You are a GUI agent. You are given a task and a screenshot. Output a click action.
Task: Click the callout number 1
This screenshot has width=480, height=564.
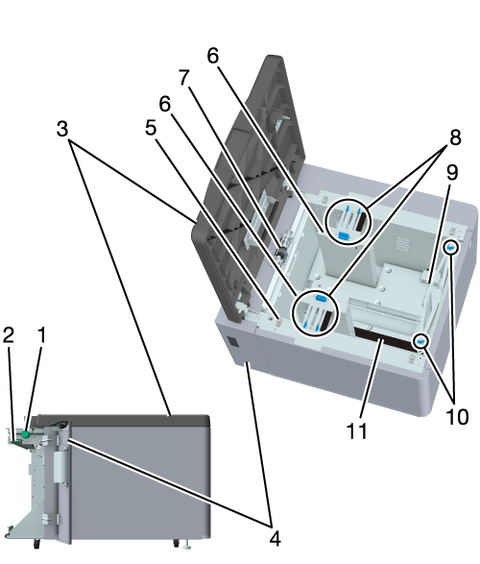pyautogui.click(x=42, y=335)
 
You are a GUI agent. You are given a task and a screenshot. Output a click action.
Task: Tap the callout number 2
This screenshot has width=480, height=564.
pyautogui.click(x=9, y=335)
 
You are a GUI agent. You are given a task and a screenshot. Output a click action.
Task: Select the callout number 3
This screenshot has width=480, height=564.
pyautogui.click(x=62, y=129)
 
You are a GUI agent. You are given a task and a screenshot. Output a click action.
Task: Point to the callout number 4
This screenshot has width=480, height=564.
pyautogui.click(x=275, y=538)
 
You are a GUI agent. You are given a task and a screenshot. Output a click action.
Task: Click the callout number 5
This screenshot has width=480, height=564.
pyautogui.click(x=151, y=128)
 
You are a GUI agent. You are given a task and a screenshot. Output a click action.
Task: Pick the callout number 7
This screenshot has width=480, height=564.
pyautogui.click(x=184, y=77)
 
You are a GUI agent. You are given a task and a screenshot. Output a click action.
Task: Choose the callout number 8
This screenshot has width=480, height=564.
pyautogui.click(x=455, y=137)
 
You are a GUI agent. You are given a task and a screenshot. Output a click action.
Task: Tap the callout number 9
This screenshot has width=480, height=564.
pyautogui.click(x=452, y=172)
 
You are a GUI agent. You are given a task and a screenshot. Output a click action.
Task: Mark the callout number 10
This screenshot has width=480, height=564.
pyautogui.click(x=457, y=417)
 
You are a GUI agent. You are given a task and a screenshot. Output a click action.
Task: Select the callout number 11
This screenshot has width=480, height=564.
pyautogui.click(x=357, y=430)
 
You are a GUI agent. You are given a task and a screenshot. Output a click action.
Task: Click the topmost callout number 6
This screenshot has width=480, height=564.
pyautogui.click(x=213, y=56)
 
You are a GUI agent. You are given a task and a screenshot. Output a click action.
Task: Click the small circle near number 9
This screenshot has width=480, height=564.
pyautogui.click(x=451, y=248)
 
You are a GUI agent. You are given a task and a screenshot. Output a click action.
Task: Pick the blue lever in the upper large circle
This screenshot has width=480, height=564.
pyautogui.click(x=344, y=236)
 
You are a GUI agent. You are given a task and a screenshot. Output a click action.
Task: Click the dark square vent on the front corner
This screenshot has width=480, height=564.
pyautogui.click(x=232, y=342)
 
